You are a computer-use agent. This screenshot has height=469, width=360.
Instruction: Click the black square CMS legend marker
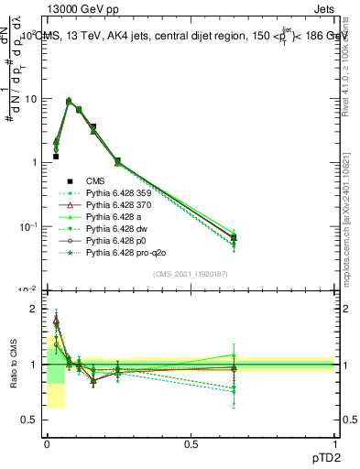tap(70, 181)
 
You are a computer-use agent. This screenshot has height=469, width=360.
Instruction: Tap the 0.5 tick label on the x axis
tap(191, 442)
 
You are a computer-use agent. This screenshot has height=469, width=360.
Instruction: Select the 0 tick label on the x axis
tap(46, 442)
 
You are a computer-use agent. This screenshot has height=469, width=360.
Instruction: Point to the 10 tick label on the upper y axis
tap(30, 99)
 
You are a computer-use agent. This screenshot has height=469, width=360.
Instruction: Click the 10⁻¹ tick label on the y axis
tap(28, 226)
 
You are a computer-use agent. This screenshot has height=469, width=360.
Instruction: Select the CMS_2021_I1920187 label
tap(191, 274)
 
